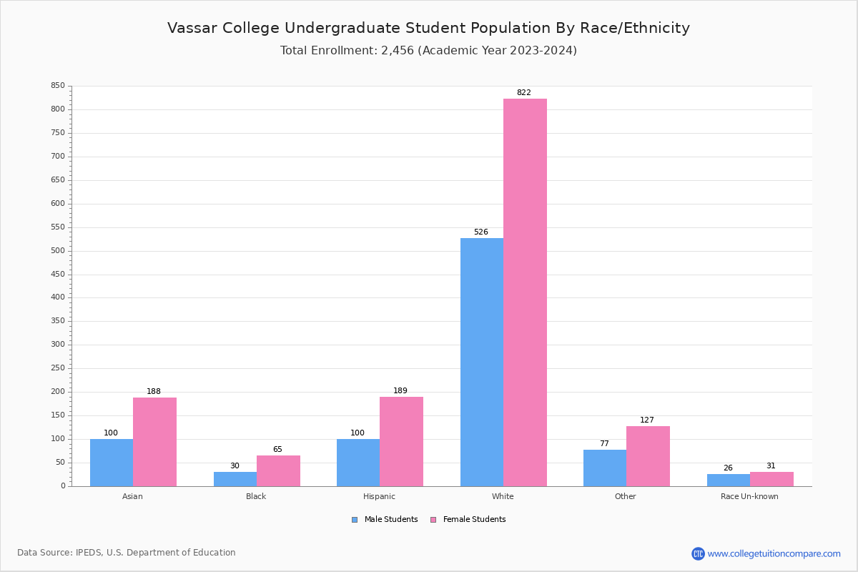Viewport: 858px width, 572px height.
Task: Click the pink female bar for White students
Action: (525, 292)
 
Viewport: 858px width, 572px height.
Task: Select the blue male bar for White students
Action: (481, 362)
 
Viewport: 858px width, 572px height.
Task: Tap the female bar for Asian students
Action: (154, 442)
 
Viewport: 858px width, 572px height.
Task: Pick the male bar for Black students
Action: (235, 479)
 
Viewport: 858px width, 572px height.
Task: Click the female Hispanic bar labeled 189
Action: (401, 441)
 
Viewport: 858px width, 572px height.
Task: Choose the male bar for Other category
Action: (604, 468)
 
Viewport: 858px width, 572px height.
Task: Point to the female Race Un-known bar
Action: (771, 479)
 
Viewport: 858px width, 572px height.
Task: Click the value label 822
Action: (523, 93)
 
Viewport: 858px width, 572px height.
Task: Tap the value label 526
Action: (480, 232)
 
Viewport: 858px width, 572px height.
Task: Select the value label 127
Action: (646, 420)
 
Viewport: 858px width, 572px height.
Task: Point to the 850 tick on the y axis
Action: (57, 86)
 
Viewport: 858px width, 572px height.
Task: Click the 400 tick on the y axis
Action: (57, 297)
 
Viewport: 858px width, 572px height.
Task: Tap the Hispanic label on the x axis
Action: (379, 496)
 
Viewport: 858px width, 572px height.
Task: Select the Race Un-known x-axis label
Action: (749, 496)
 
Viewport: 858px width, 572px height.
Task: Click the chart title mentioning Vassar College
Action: (428, 28)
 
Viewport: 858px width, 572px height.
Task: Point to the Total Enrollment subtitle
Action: (428, 51)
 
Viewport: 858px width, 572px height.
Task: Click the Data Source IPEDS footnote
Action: (127, 553)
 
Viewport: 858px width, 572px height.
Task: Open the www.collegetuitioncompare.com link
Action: (774, 553)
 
